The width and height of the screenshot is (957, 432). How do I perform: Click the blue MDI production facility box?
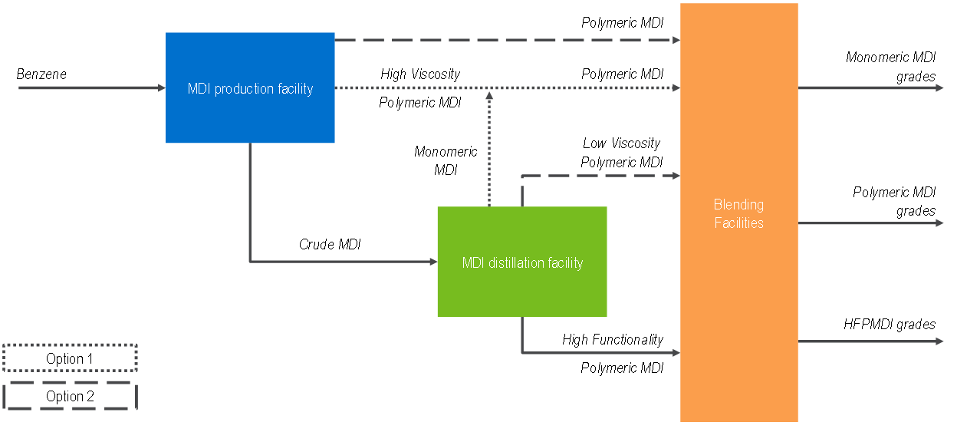(250, 87)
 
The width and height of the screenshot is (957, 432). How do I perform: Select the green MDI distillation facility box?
(522, 262)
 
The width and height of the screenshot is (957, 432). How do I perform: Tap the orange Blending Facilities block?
(738, 213)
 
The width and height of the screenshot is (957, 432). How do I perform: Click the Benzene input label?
(41, 74)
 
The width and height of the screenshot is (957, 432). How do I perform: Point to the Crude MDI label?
(329, 245)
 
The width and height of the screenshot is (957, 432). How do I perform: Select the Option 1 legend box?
(70, 358)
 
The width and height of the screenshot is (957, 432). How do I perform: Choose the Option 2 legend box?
(70, 396)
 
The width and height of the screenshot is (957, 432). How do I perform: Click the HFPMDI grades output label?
(890, 325)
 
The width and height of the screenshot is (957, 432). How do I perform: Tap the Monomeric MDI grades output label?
(891, 67)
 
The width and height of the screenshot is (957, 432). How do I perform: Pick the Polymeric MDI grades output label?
(894, 201)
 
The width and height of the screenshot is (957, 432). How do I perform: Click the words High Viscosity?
(420, 74)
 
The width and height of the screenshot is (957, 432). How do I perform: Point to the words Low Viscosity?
(621, 143)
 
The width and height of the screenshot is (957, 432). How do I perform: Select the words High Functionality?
(613, 339)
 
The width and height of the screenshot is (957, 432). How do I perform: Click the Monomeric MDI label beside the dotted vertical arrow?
(446, 161)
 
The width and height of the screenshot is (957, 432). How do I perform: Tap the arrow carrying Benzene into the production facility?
(92, 88)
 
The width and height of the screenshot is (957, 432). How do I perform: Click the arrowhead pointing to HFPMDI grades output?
(939, 341)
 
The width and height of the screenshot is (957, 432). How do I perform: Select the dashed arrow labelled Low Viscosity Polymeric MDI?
(598, 176)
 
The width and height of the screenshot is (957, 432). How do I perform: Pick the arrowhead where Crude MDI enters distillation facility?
(432, 262)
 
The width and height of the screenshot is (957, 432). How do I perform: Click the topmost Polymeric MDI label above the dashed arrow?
(622, 23)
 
